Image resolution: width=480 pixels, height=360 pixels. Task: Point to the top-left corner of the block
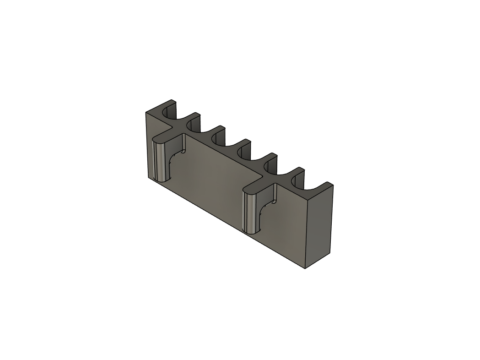pyautogui.click(x=146, y=112)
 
